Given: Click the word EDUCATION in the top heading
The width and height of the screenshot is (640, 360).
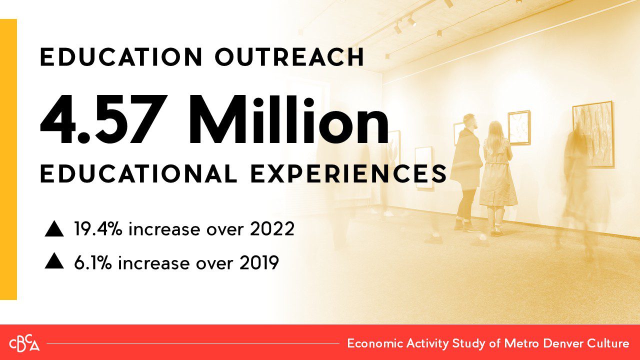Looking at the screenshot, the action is pos(121,57).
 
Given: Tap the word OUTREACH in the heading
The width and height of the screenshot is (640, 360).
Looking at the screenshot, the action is pos(289,57).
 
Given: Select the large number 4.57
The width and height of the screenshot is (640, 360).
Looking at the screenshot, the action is pos(103,120).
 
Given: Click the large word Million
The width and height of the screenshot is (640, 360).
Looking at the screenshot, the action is pos(288,120).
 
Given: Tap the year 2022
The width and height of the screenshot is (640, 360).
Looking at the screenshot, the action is pos(272,229).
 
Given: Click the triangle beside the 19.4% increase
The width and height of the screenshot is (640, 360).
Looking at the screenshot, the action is pos(54,229).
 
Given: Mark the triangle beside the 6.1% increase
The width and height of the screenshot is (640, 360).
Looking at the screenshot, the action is pos(54,261).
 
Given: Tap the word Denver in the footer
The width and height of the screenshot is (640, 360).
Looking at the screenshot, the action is pos(561,343).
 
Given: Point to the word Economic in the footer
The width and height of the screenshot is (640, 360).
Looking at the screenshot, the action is pos(375,343).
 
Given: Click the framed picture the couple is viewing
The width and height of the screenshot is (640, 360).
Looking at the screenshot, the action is pos(519,128).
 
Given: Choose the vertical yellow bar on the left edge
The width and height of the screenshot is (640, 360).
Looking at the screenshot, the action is pos(8,159).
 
